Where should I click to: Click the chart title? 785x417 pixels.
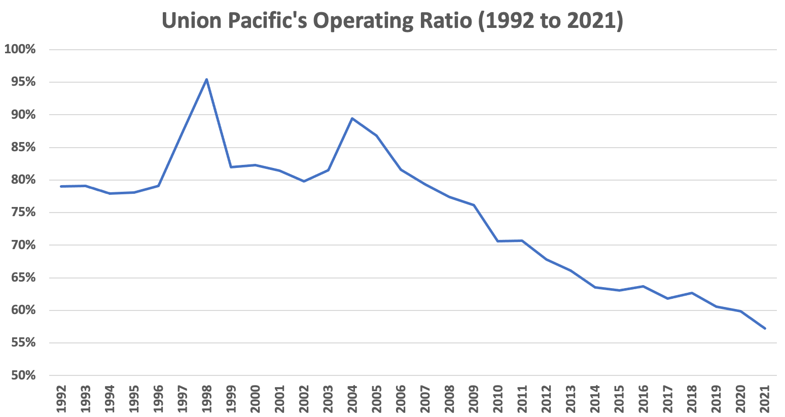click(392, 21)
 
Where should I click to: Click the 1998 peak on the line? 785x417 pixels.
click(206, 79)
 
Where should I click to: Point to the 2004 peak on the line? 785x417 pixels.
click(352, 118)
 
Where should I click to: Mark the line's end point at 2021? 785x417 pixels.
click(765, 328)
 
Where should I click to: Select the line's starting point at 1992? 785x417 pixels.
click(61, 186)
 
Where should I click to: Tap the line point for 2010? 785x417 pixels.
click(497, 241)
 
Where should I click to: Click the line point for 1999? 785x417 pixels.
click(231, 167)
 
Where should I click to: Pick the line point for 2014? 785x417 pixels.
click(595, 287)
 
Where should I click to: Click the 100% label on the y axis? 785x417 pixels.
click(20, 49)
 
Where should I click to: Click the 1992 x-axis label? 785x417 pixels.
click(61, 400)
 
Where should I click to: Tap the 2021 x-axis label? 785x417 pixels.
click(765, 400)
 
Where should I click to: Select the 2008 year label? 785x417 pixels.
click(449, 400)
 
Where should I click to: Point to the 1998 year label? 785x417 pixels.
click(206, 400)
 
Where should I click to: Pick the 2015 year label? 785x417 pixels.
click(619, 400)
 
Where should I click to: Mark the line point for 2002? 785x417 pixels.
click(304, 181)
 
